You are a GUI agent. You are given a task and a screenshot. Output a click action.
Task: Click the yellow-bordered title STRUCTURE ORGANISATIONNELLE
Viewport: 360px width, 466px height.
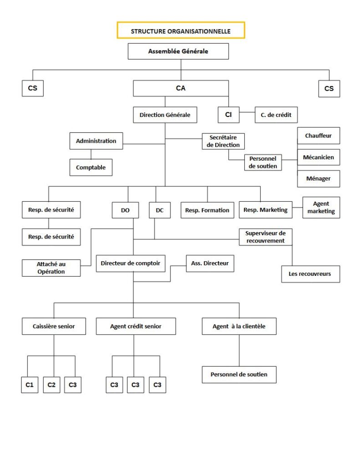(x=181, y=30)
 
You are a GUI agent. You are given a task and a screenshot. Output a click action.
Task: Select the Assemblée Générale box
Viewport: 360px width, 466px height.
(x=178, y=51)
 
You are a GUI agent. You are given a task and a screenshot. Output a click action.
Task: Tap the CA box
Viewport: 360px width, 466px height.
(x=181, y=88)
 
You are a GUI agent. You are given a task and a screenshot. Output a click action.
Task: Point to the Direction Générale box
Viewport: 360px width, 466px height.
(x=165, y=115)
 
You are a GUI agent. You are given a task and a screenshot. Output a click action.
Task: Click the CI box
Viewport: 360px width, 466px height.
(x=228, y=115)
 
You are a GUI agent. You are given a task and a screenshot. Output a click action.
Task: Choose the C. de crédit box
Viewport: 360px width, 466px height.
(x=276, y=115)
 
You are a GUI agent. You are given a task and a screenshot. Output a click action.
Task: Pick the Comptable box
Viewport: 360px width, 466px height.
(x=91, y=167)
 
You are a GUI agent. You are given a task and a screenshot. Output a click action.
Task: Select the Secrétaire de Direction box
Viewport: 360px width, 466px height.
(x=223, y=141)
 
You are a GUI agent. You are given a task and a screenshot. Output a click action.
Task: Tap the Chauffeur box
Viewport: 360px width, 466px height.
(x=318, y=136)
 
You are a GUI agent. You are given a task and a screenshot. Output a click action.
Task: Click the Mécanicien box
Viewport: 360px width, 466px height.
(x=318, y=157)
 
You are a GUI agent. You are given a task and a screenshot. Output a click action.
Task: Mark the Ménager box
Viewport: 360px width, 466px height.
(x=318, y=178)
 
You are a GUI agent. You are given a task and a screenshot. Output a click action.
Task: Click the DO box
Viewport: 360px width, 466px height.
(x=125, y=210)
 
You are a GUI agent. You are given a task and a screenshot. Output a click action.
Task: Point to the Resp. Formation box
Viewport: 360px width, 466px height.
(x=208, y=210)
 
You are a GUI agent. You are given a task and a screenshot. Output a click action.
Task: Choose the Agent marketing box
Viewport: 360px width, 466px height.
(x=321, y=208)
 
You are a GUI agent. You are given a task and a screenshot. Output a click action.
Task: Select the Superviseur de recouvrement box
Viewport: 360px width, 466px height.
(x=265, y=237)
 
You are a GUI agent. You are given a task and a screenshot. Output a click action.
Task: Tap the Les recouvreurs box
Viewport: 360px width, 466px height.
(x=310, y=274)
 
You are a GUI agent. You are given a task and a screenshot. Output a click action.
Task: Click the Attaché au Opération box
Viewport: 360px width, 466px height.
(x=51, y=268)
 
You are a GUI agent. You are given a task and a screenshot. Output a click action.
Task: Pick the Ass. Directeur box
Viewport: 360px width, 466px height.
(x=210, y=263)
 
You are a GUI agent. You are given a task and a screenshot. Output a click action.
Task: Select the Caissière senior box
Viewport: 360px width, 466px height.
(x=54, y=326)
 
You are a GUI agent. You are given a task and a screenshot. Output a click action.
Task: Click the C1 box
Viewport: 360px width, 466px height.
(x=30, y=385)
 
